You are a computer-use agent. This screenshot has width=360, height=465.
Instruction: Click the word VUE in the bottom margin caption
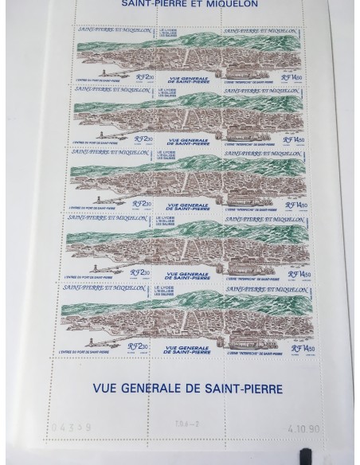pyautogui.click(x=106, y=390)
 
